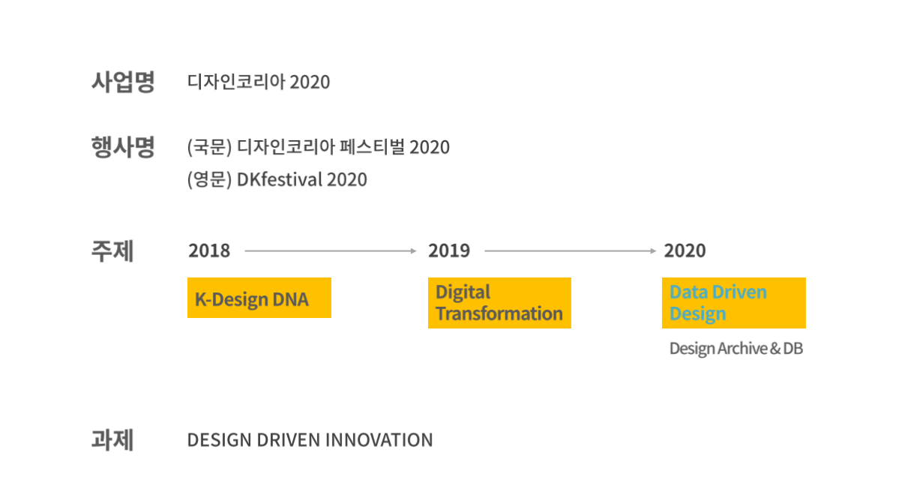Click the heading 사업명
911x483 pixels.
tap(123, 82)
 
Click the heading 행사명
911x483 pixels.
tap(123, 147)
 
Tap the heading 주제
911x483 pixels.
tap(112, 251)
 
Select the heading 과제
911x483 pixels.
tap(112, 439)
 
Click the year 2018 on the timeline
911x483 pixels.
tap(209, 250)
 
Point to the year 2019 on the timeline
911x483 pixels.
tap(449, 250)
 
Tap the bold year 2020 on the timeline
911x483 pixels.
tap(685, 250)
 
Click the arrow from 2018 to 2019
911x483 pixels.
tap(331, 251)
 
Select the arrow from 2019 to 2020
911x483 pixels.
tap(571, 251)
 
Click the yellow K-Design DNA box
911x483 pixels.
tap(259, 298)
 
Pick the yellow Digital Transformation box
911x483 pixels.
tap(499, 303)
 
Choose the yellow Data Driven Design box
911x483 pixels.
tap(734, 303)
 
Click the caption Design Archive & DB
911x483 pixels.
tap(736, 349)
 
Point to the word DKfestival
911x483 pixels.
tap(280, 179)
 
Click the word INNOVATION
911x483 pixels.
tap(379, 439)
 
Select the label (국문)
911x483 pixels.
tap(209, 147)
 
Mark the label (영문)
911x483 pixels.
tap(209, 179)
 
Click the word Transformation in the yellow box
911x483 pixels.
tap(499, 313)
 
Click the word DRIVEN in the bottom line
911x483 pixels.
tap(289, 439)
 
